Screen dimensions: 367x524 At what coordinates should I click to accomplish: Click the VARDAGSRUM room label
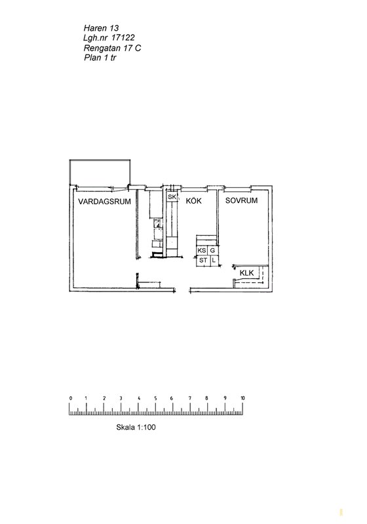coord(104,202)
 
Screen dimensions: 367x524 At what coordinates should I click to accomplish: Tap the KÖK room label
coord(194,200)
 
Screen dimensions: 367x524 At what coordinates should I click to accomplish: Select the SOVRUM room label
coord(241,200)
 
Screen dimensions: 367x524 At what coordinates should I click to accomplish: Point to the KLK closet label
coord(246,273)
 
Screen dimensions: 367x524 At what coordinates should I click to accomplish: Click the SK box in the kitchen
coord(172,197)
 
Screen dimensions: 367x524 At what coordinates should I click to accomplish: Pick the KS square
coord(202,250)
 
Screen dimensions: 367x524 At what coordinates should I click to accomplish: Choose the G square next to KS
coord(212,250)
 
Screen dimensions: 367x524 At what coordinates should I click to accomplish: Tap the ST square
coord(203,260)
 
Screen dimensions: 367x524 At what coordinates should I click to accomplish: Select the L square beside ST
coord(214,260)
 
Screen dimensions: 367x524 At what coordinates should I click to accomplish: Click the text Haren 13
coord(101,28)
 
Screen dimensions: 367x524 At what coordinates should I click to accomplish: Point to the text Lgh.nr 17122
coord(109,38)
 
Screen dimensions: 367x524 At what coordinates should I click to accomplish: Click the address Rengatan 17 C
coord(112,48)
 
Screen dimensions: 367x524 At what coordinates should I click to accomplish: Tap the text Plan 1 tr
coord(100,58)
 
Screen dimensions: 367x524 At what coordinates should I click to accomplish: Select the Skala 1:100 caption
coord(136,427)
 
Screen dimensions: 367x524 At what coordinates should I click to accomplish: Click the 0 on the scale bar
coord(71,398)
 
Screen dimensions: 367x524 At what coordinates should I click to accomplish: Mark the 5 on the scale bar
coord(155,398)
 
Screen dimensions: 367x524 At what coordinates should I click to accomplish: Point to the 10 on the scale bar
coord(242,398)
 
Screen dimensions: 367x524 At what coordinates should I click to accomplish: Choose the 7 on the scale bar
coord(190,398)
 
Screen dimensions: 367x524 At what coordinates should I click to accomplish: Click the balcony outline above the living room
coord(100,160)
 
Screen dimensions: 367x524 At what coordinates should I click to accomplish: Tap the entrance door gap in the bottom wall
coord(182,290)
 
